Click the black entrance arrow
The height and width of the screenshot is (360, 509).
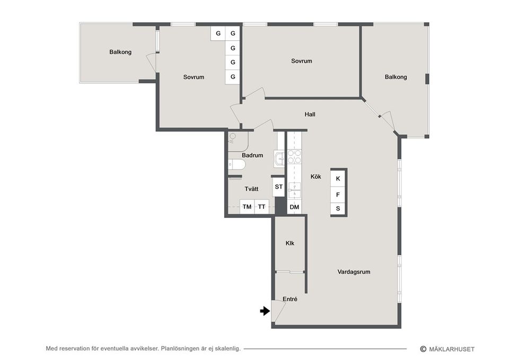265,311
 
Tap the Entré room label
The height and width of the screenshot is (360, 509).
289,300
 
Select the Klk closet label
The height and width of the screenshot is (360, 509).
290,243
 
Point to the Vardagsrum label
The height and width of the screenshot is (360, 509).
354,272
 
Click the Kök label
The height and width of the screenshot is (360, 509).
316,177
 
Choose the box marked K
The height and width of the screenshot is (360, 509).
338,179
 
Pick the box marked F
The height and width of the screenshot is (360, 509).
338,194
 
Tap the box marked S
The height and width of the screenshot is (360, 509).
338,208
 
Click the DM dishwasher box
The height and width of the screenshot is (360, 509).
294,207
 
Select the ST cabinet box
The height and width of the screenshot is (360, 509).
278,187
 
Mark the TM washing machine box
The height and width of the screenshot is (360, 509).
247,207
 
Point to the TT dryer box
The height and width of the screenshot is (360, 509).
262,207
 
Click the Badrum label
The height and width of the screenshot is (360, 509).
252,155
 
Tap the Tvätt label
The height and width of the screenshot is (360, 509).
252,189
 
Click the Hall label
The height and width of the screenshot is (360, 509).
311,114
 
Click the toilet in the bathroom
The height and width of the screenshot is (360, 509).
237,164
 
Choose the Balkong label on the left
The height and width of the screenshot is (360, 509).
120,52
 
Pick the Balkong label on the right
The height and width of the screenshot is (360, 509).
396,77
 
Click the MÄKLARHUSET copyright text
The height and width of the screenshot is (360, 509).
452,349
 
